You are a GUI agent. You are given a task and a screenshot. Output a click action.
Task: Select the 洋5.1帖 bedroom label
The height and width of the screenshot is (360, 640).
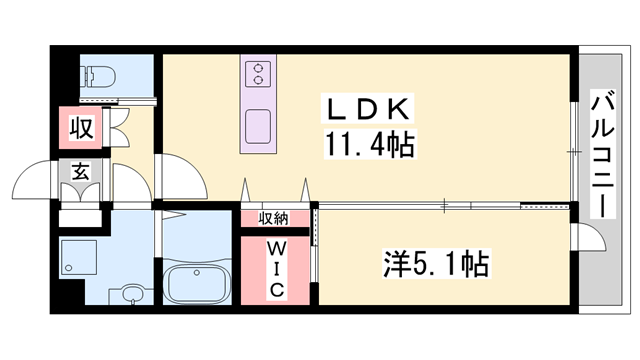[436, 265]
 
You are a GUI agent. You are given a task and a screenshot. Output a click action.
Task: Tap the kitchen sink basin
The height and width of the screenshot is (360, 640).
[259, 126]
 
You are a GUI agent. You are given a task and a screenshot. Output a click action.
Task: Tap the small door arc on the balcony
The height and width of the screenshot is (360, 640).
[591, 236]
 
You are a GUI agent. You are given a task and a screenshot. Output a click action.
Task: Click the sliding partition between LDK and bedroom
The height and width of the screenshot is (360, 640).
[445, 205]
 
